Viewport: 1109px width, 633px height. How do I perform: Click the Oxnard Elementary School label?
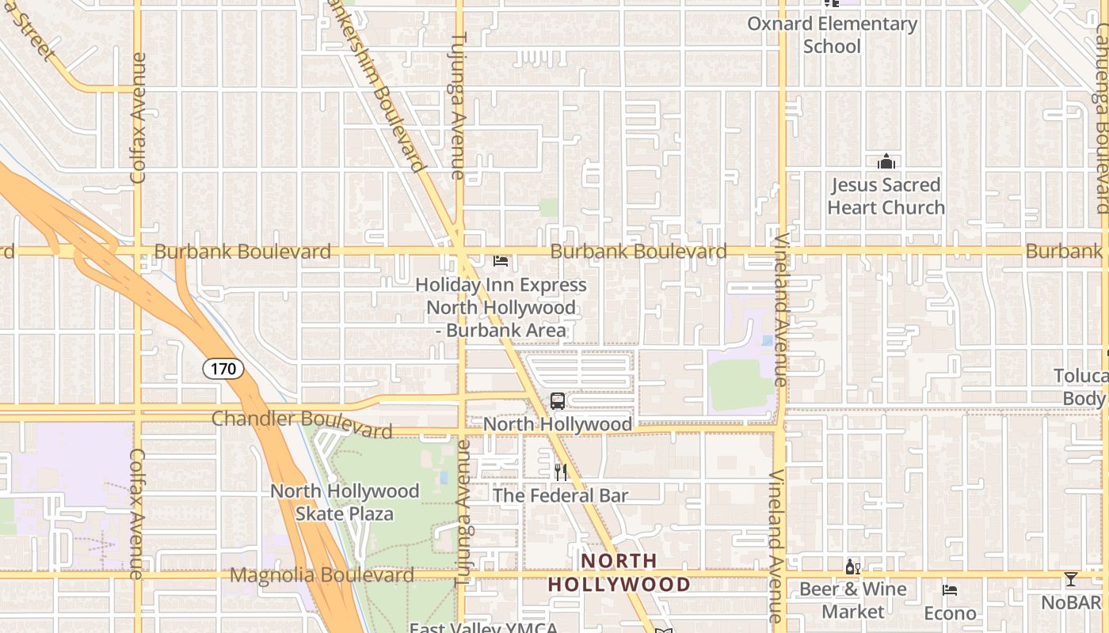click(x=832, y=35)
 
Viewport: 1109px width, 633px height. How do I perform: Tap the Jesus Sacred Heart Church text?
click(x=886, y=196)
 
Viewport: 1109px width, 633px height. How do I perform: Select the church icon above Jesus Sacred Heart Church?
click(x=886, y=162)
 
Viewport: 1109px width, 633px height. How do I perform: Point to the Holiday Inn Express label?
click(x=501, y=307)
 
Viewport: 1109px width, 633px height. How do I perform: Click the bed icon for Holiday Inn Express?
click(x=501, y=260)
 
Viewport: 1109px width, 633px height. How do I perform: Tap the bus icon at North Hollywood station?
click(x=558, y=401)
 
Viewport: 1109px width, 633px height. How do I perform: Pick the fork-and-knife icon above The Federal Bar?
click(x=561, y=472)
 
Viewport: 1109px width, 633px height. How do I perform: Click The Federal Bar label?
click(x=560, y=496)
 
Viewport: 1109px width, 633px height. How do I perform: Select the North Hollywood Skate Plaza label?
click(x=345, y=502)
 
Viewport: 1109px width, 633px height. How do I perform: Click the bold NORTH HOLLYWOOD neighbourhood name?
click(x=619, y=573)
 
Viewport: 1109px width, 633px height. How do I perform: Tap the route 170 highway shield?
click(x=223, y=368)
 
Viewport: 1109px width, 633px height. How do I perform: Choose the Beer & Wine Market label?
click(x=852, y=600)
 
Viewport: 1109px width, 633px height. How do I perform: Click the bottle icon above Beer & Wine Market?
click(x=852, y=567)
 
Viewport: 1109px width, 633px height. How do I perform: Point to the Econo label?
click(x=950, y=613)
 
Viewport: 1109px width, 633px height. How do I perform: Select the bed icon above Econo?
click(x=950, y=590)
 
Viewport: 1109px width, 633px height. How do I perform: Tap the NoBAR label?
click(x=1071, y=602)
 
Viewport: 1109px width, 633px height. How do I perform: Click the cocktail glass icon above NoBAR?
click(x=1071, y=579)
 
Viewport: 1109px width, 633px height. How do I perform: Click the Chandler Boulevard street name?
click(x=302, y=423)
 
